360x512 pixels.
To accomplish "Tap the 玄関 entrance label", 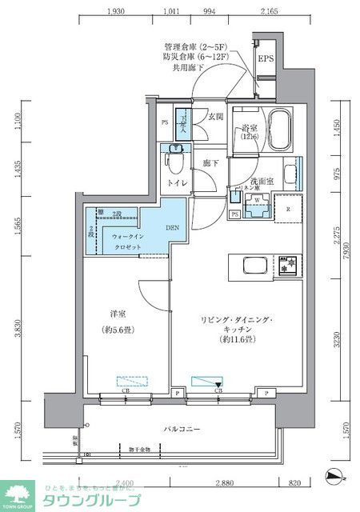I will coord(216,116).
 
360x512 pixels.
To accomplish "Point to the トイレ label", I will coord(177,183).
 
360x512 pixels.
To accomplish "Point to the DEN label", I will coord(174,227).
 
